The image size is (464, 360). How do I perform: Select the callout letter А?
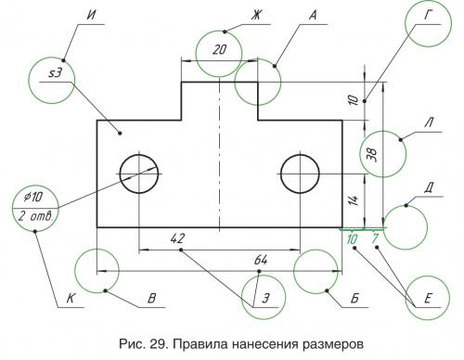point(314,16)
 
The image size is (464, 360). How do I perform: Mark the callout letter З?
point(266,299)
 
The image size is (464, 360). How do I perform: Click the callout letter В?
point(150,299)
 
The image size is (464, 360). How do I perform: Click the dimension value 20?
point(219,51)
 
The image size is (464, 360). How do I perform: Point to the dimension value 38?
point(372,155)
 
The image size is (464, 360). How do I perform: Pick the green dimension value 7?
point(375,239)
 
